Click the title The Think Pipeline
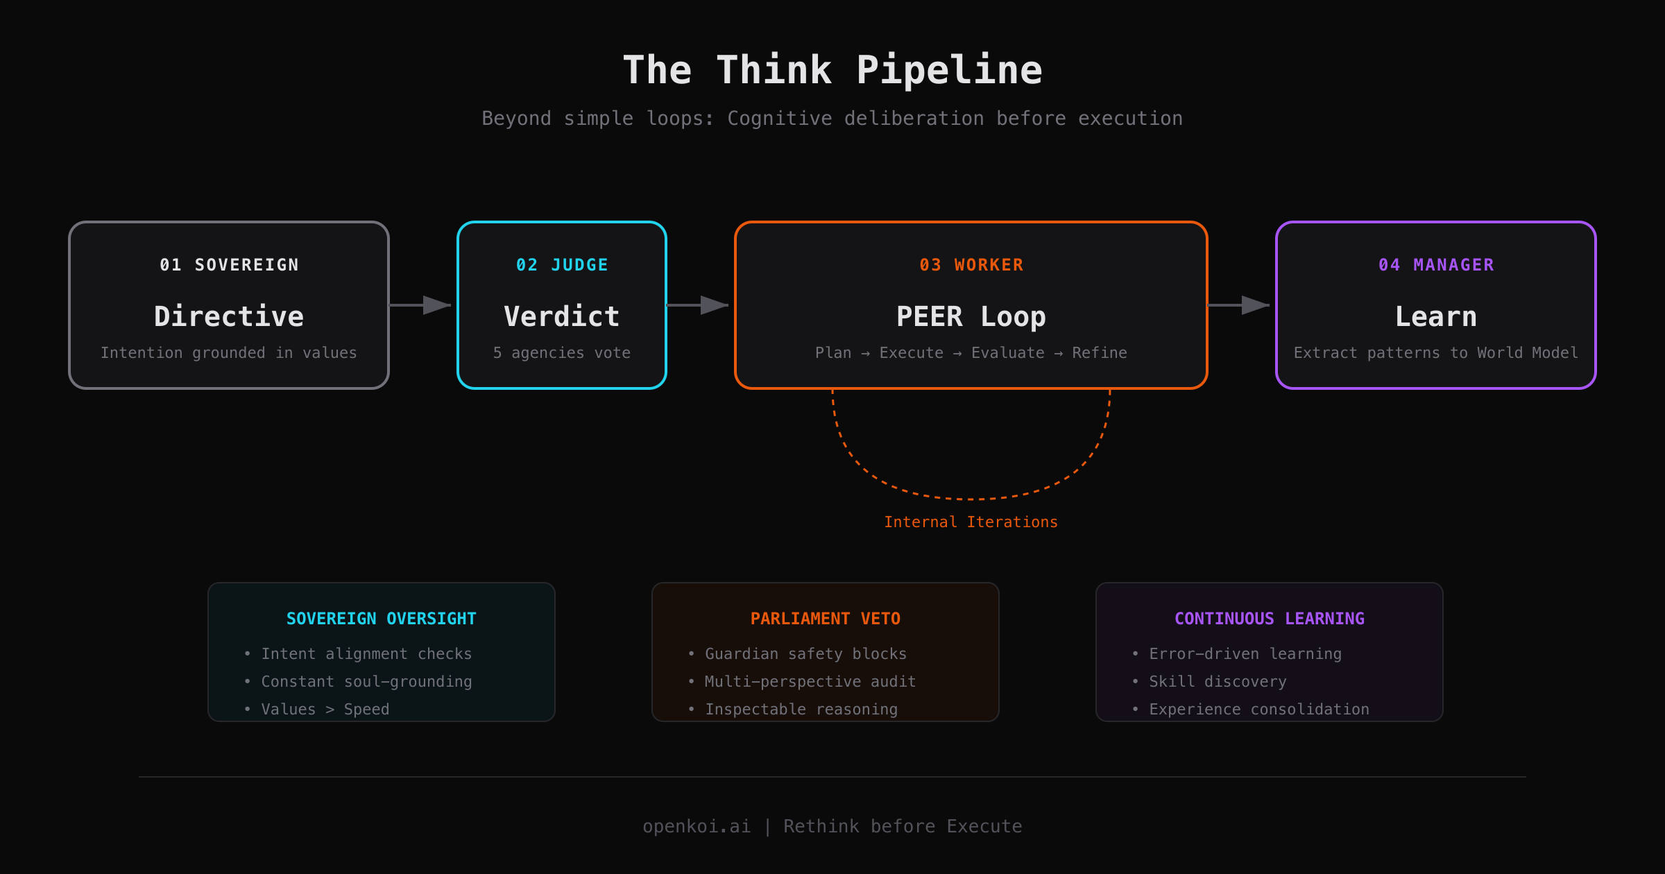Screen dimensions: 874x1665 coord(832,70)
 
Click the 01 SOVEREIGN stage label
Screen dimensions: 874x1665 coord(229,265)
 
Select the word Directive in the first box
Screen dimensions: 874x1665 coord(229,316)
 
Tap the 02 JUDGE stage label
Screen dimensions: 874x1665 coord(562,265)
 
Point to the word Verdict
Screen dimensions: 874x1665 coord(562,316)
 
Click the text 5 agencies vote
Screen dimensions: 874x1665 coord(562,353)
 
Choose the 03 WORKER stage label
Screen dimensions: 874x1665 coord(971,265)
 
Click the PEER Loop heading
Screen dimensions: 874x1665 coord(971,316)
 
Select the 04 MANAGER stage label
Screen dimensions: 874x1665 coord(1436,265)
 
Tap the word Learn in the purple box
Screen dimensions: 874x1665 coord(1436,316)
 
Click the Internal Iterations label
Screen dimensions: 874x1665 coord(971,522)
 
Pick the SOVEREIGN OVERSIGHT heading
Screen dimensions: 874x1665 coord(382,619)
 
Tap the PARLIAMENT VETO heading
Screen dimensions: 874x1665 coord(826,619)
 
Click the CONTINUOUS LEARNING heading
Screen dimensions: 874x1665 coord(1270,619)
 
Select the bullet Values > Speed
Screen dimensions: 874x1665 coord(325,710)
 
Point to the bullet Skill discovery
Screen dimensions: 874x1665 coord(1218,682)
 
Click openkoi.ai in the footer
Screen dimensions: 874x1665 coord(697,826)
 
